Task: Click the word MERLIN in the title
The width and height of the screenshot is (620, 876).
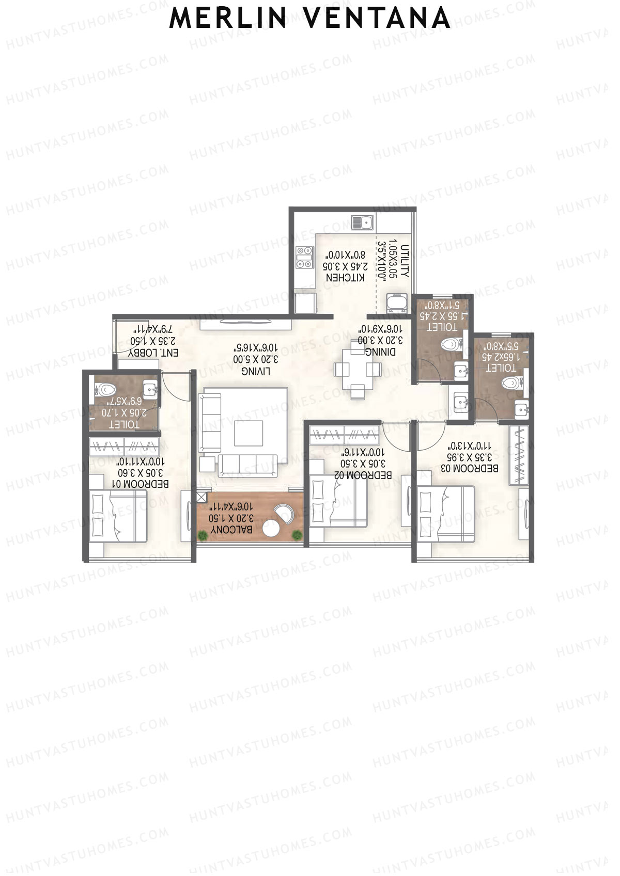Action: coord(227,18)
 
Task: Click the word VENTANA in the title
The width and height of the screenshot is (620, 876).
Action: coord(376,18)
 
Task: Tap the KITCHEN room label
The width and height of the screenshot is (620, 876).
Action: coord(345,278)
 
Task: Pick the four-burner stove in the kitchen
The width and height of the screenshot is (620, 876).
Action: coord(304,258)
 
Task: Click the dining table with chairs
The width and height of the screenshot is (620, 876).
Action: coord(358,370)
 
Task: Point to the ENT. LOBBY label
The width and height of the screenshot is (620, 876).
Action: coord(153,353)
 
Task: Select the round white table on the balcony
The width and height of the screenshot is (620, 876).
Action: coord(271,528)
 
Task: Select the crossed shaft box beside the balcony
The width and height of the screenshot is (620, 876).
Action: coord(203,497)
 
